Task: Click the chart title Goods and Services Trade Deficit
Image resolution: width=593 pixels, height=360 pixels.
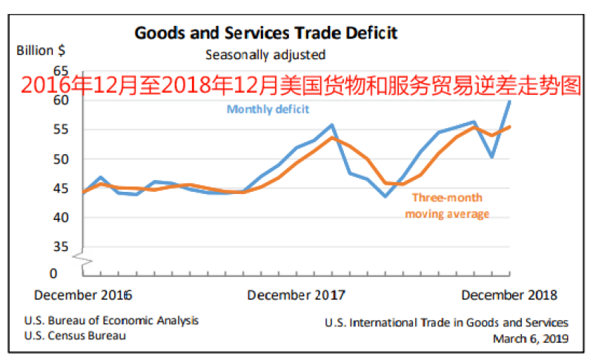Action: tap(266, 33)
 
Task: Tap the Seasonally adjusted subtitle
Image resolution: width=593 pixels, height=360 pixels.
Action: tap(265, 54)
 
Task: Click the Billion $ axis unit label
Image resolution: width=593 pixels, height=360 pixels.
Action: tap(41, 51)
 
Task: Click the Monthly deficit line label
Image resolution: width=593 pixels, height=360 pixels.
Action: tap(268, 109)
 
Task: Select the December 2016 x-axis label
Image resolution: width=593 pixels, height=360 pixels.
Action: tap(83, 295)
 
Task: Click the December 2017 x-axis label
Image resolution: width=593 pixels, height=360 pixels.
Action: tap(296, 295)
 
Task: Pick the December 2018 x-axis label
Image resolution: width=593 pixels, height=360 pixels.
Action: tap(509, 295)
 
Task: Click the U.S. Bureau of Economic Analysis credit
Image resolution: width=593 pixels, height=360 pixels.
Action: tap(111, 321)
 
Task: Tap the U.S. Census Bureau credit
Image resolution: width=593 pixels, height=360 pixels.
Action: tap(74, 336)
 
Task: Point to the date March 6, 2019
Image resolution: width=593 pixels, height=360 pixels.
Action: tap(530, 339)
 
